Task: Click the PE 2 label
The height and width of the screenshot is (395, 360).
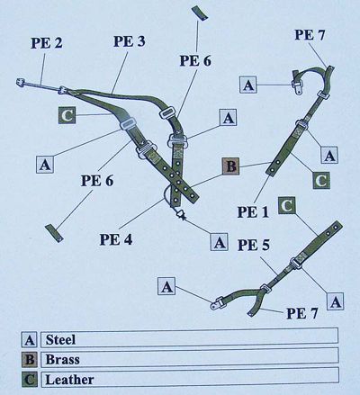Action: click(47, 43)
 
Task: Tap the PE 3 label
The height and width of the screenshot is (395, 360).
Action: click(130, 41)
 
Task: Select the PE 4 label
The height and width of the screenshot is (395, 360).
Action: click(116, 239)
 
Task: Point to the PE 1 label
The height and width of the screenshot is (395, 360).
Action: click(254, 212)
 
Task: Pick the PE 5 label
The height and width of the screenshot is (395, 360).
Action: click(254, 245)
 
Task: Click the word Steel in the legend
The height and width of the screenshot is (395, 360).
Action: click(60, 339)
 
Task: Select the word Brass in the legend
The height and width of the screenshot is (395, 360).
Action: click(63, 359)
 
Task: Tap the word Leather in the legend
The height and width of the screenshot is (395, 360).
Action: click(69, 380)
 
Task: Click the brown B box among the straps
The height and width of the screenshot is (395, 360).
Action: click(230, 166)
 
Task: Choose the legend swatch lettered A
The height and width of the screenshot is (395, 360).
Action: click(30, 340)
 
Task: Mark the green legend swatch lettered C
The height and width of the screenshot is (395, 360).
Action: click(30, 380)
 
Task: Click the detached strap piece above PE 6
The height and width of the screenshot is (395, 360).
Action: click(200, 13)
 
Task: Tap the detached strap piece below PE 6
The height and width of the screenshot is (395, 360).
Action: click(54, 233)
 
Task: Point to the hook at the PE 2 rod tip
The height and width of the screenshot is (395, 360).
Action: click(21, 82)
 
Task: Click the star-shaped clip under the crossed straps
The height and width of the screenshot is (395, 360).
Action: click(181, 215)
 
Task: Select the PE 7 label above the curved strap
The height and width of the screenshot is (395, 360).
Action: click(310, 35)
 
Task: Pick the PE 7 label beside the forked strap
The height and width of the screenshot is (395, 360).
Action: click(301, 313)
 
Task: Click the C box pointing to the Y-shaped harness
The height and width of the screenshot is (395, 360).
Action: click(67, 115)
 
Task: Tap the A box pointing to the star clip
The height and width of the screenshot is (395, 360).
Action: click(219, 241)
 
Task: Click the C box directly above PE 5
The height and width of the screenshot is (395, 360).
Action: click(287, 206)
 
